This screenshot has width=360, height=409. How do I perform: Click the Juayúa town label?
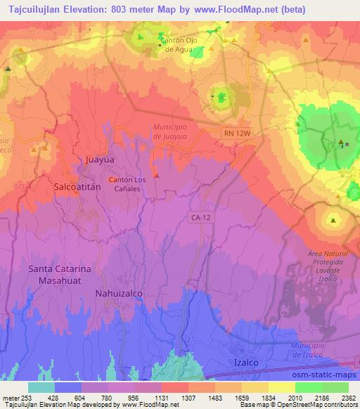click(x=99, y=160)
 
